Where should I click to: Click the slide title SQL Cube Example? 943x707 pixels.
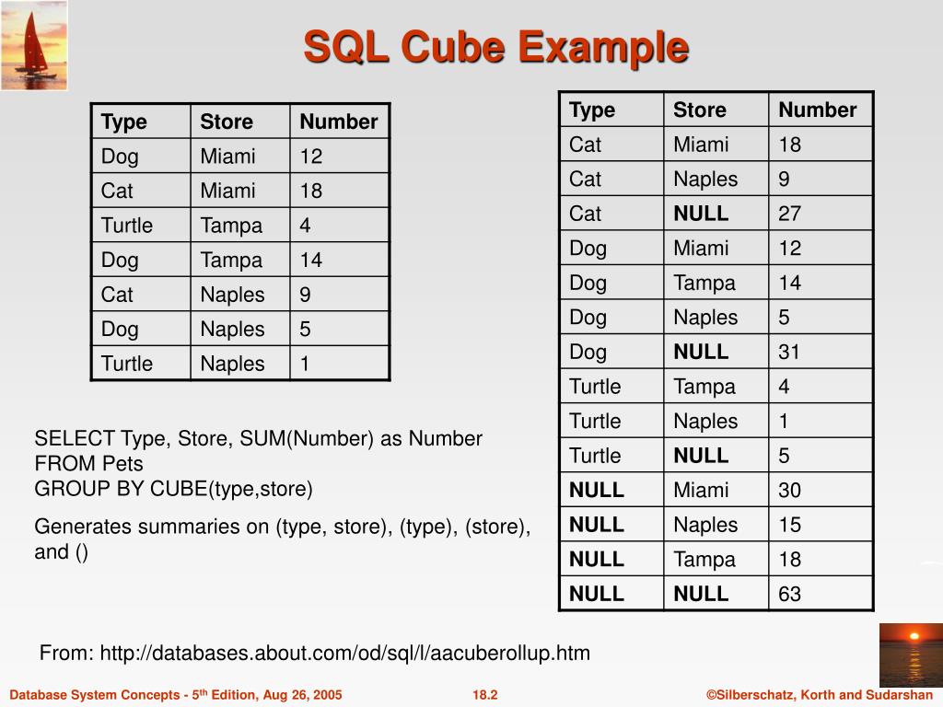495,47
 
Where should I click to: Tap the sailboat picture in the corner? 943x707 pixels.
34,45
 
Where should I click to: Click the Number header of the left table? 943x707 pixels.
338,122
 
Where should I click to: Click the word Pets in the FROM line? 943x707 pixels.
122,463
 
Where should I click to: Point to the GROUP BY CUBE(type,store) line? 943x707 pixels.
174,488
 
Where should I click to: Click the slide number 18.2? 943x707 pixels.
484,695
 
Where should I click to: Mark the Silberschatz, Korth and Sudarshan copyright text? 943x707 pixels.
819,695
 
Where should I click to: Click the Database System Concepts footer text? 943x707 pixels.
175,695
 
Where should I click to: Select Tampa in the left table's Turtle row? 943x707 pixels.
231,226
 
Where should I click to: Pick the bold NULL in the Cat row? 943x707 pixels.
701,214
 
